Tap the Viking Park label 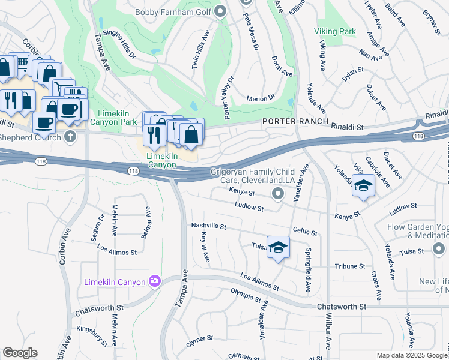point(335,31)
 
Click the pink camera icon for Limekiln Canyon point(155,281)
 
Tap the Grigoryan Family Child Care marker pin point(277,193)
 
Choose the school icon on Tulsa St point(278,247)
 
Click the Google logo point(20,352)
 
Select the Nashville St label point(208,226)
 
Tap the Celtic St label point(304,231)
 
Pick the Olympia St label point(246,295)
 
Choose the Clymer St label point(200,341)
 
